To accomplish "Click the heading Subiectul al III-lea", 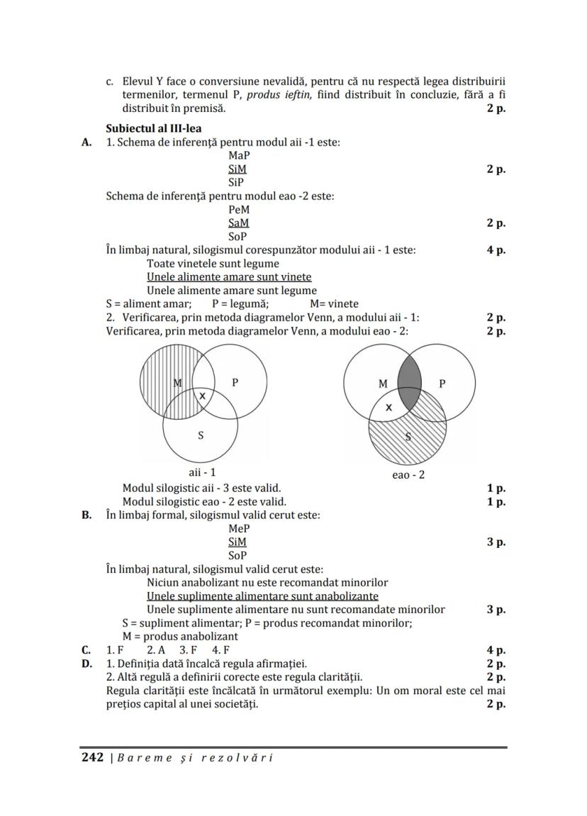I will [x=153, y=128].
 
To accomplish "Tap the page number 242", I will [x=91, y=757].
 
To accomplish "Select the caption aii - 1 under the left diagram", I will [x=201, y=472].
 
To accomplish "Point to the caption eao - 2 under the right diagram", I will [x=408, y=474].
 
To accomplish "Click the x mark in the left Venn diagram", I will [x=202, y=396].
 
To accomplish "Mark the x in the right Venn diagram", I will [x=388, y=408].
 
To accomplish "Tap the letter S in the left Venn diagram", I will [x=201, y=435].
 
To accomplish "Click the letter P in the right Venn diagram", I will [x=442, y=384].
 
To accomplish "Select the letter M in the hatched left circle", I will [x=178, y=383].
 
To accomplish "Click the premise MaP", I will [x=239, y=155].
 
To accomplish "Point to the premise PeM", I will [x=239, y=210].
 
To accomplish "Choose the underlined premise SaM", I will [x=239, y=223].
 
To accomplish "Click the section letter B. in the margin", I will [x=86, y=515].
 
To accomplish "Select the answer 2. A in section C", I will [x=156, y=650].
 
